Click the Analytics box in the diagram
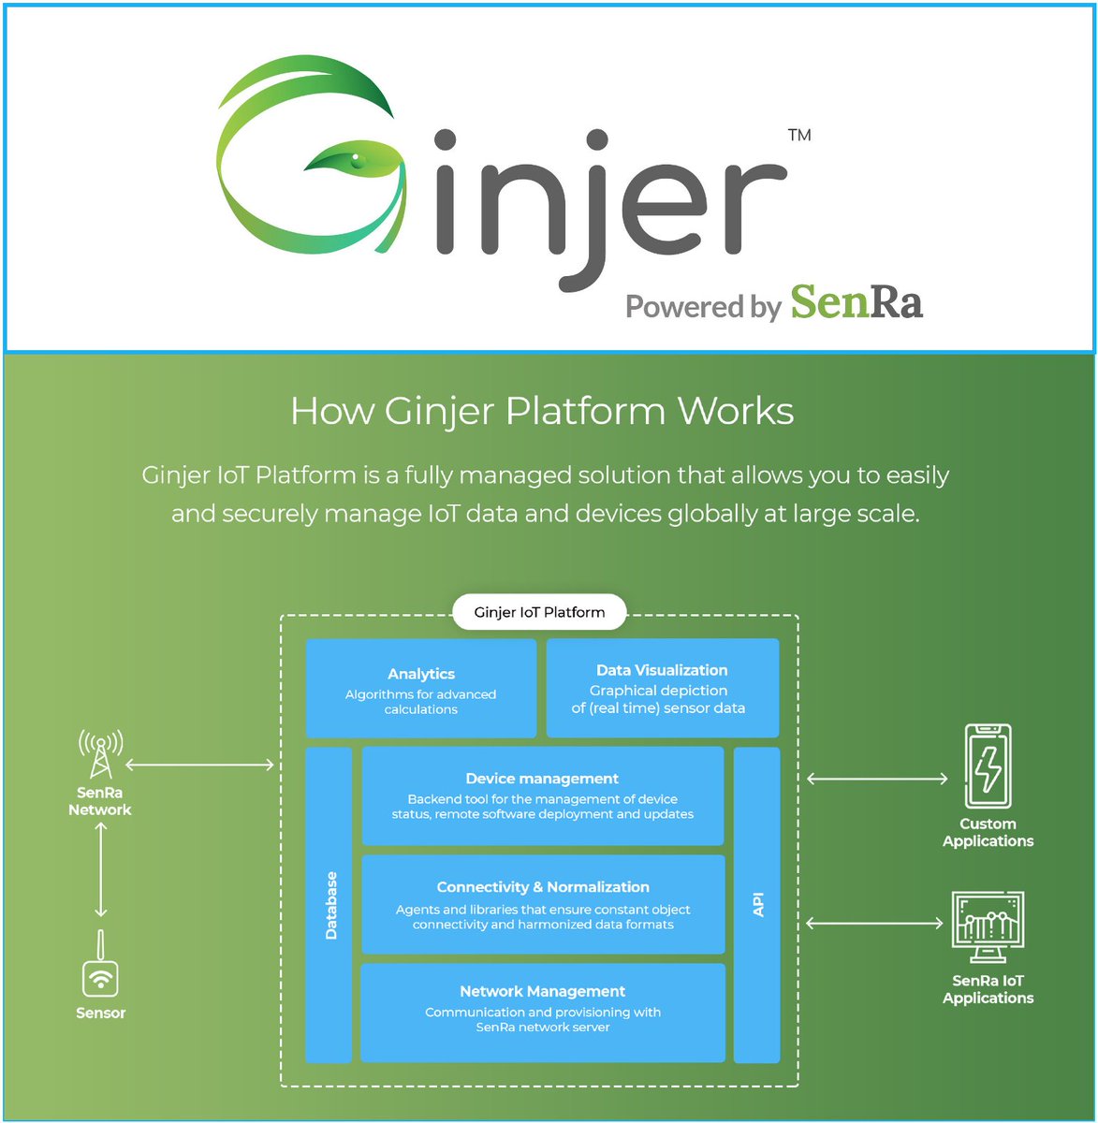(x=421, y=689)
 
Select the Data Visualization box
(x=662, y=689)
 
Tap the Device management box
(x=543, y=795)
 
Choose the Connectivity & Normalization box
(x=543, y=904)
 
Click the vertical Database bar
(x=329, y=905)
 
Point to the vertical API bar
(x=757, y=905)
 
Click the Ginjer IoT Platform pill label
(x=539, y=612)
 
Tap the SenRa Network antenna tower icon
(x=100, y=754)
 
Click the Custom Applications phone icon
(x=988, y=766)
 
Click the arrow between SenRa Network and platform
(x=199, y=766)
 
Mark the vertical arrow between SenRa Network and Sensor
(x=101, y=869)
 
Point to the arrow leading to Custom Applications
(x=877, y=779)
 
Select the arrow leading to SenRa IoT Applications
(x=874, y=924)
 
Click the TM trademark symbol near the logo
(x=798, y=136)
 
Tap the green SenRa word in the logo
(x=856, y=301)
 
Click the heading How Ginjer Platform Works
(x=542, y=412)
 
